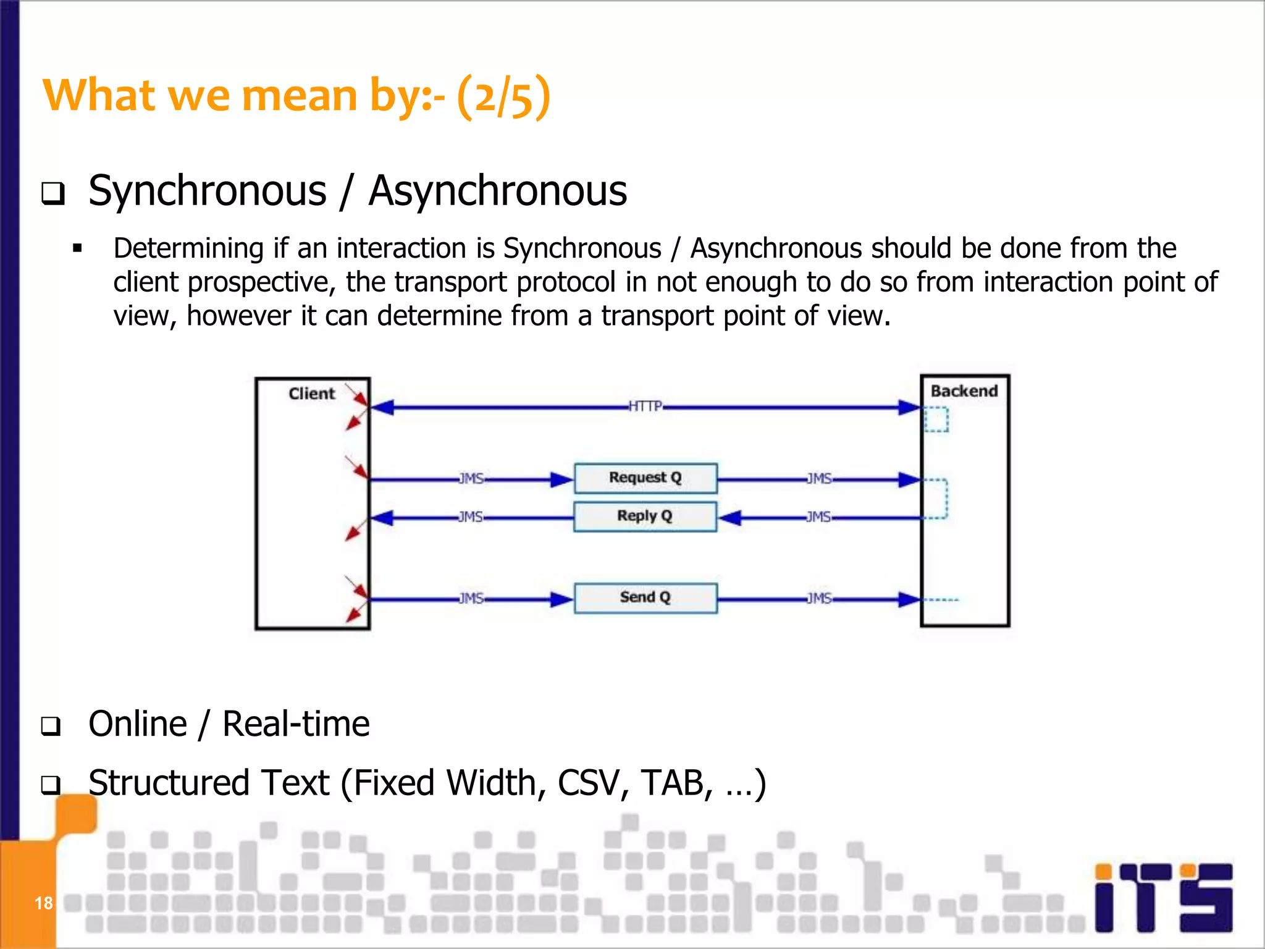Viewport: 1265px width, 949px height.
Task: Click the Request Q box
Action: coord(645,478)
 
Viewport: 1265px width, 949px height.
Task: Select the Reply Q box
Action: coord(645,516)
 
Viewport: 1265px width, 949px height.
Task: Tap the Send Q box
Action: coord(645,597)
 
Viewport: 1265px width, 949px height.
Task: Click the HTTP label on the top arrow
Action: coord(645,406)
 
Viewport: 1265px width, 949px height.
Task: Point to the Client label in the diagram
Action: coord(311,394)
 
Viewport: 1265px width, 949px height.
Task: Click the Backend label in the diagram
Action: coord(964,391)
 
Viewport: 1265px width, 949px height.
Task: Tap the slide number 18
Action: coord(43,903)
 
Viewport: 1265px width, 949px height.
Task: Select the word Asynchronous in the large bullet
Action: coord(497,190)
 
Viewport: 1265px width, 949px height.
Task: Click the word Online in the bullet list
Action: coord(138,723)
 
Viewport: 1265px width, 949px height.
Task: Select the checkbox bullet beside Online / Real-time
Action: coord(52,726)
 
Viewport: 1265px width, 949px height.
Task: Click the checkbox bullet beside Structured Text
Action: coord(52,785)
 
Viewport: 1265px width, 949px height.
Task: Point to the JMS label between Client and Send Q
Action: coord(471,598)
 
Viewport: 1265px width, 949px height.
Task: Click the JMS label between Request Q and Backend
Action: coord(819,479)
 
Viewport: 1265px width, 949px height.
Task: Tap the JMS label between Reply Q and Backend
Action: coord(818,517)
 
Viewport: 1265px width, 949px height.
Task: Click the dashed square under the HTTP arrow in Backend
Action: coord(936,420)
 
